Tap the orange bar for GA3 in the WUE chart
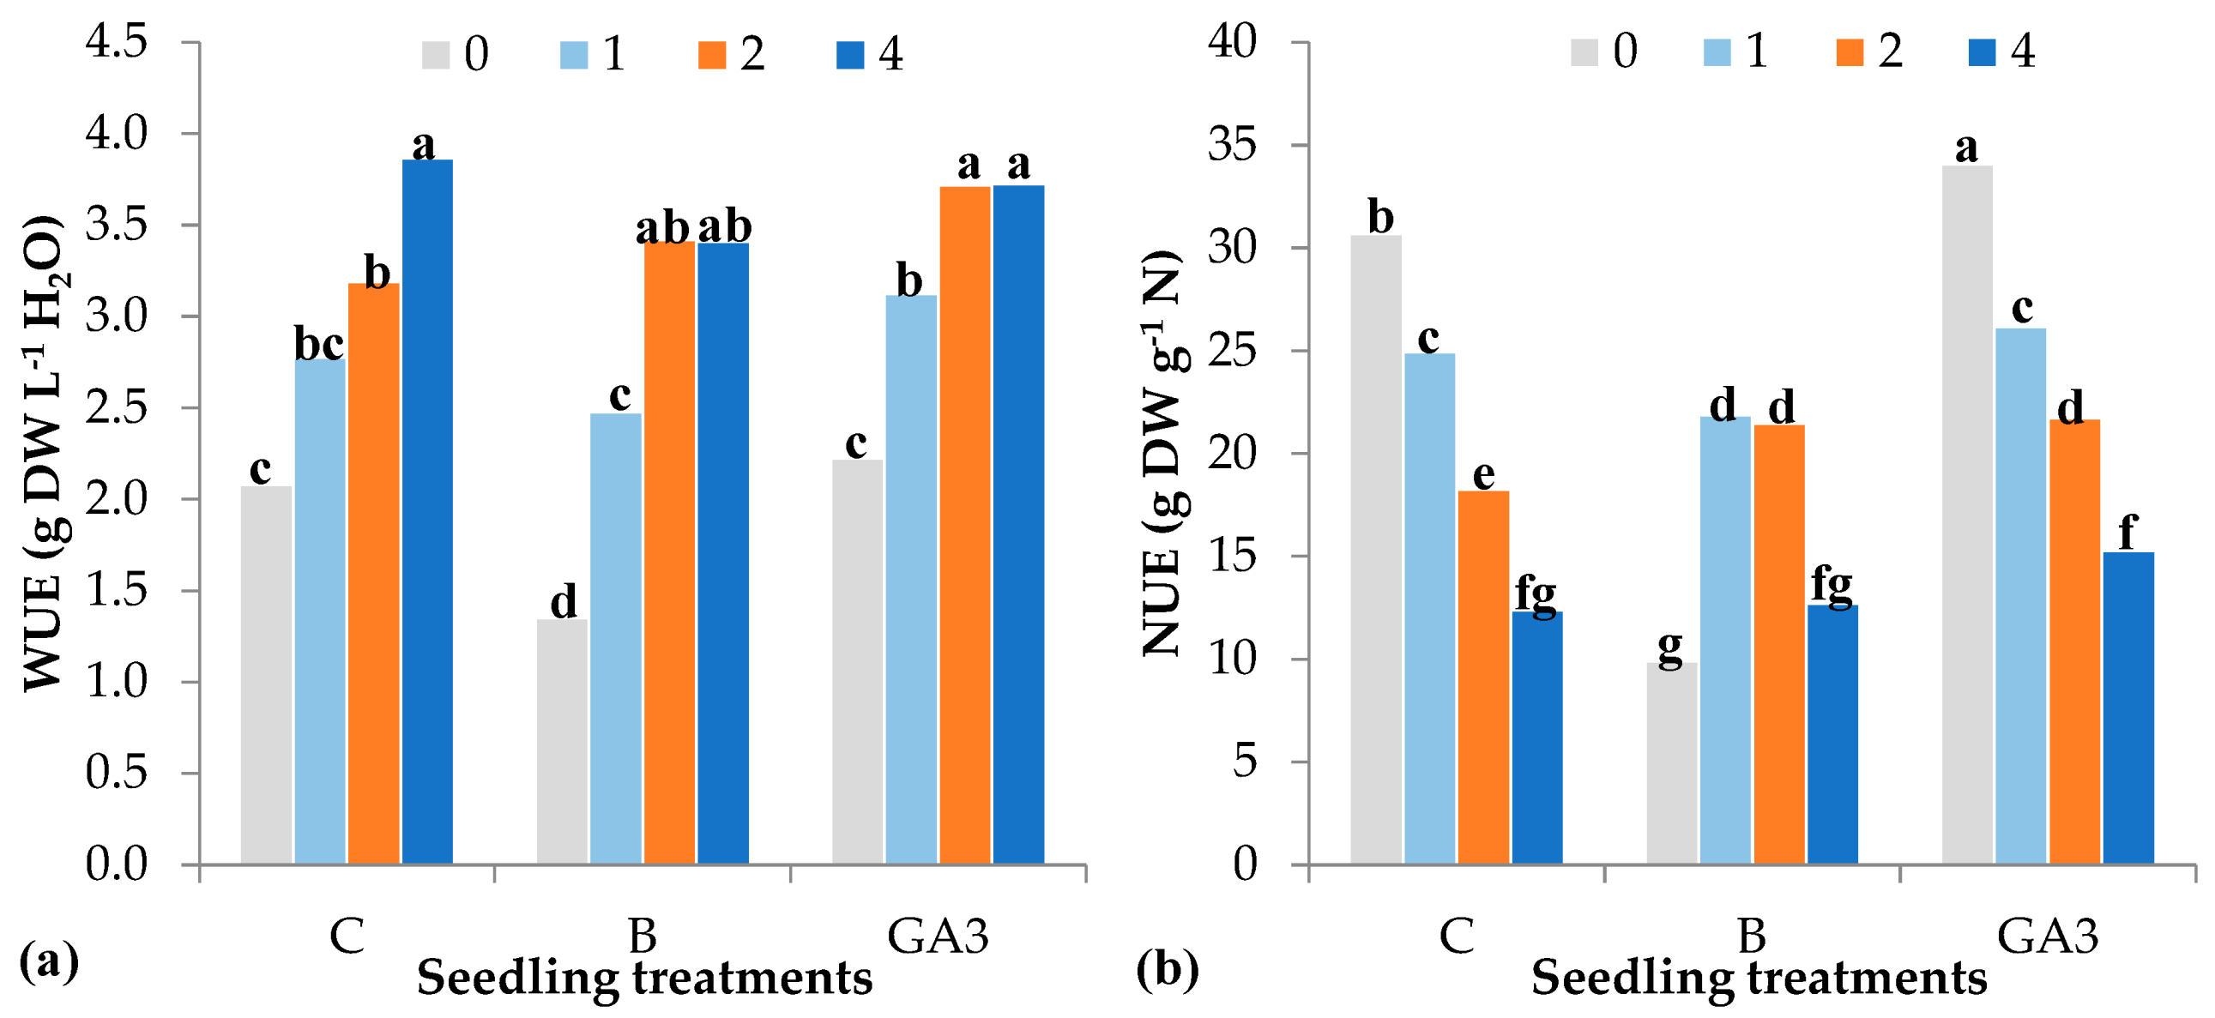point(965,525)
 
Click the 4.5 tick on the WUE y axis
point(116,41)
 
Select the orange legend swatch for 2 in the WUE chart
point(712,54)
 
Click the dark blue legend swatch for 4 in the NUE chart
point(1982,51)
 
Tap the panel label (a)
point(48,961)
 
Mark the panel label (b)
point(1167,970)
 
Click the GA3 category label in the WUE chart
point(938,936)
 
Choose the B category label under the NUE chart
point(1752,936)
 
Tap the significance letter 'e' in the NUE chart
point(1483,474)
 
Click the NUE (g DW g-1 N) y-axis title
point(1162,454)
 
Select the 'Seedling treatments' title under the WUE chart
point(645,979)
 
